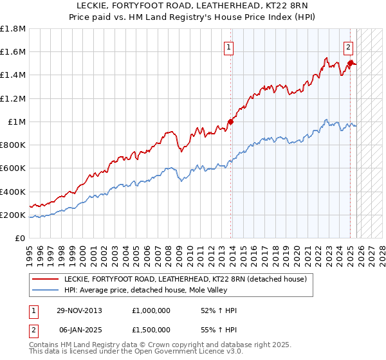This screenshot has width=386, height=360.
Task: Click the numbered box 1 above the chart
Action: pyautogui.click(x=229, y=46)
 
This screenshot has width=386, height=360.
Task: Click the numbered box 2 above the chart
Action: pyautogui.click(x=348, y=46)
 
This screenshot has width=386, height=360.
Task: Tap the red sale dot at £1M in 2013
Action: pyautogui.click(x=231, y=122)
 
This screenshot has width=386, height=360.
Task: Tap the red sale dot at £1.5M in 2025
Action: pyautogui.click(x=351, y=63)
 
